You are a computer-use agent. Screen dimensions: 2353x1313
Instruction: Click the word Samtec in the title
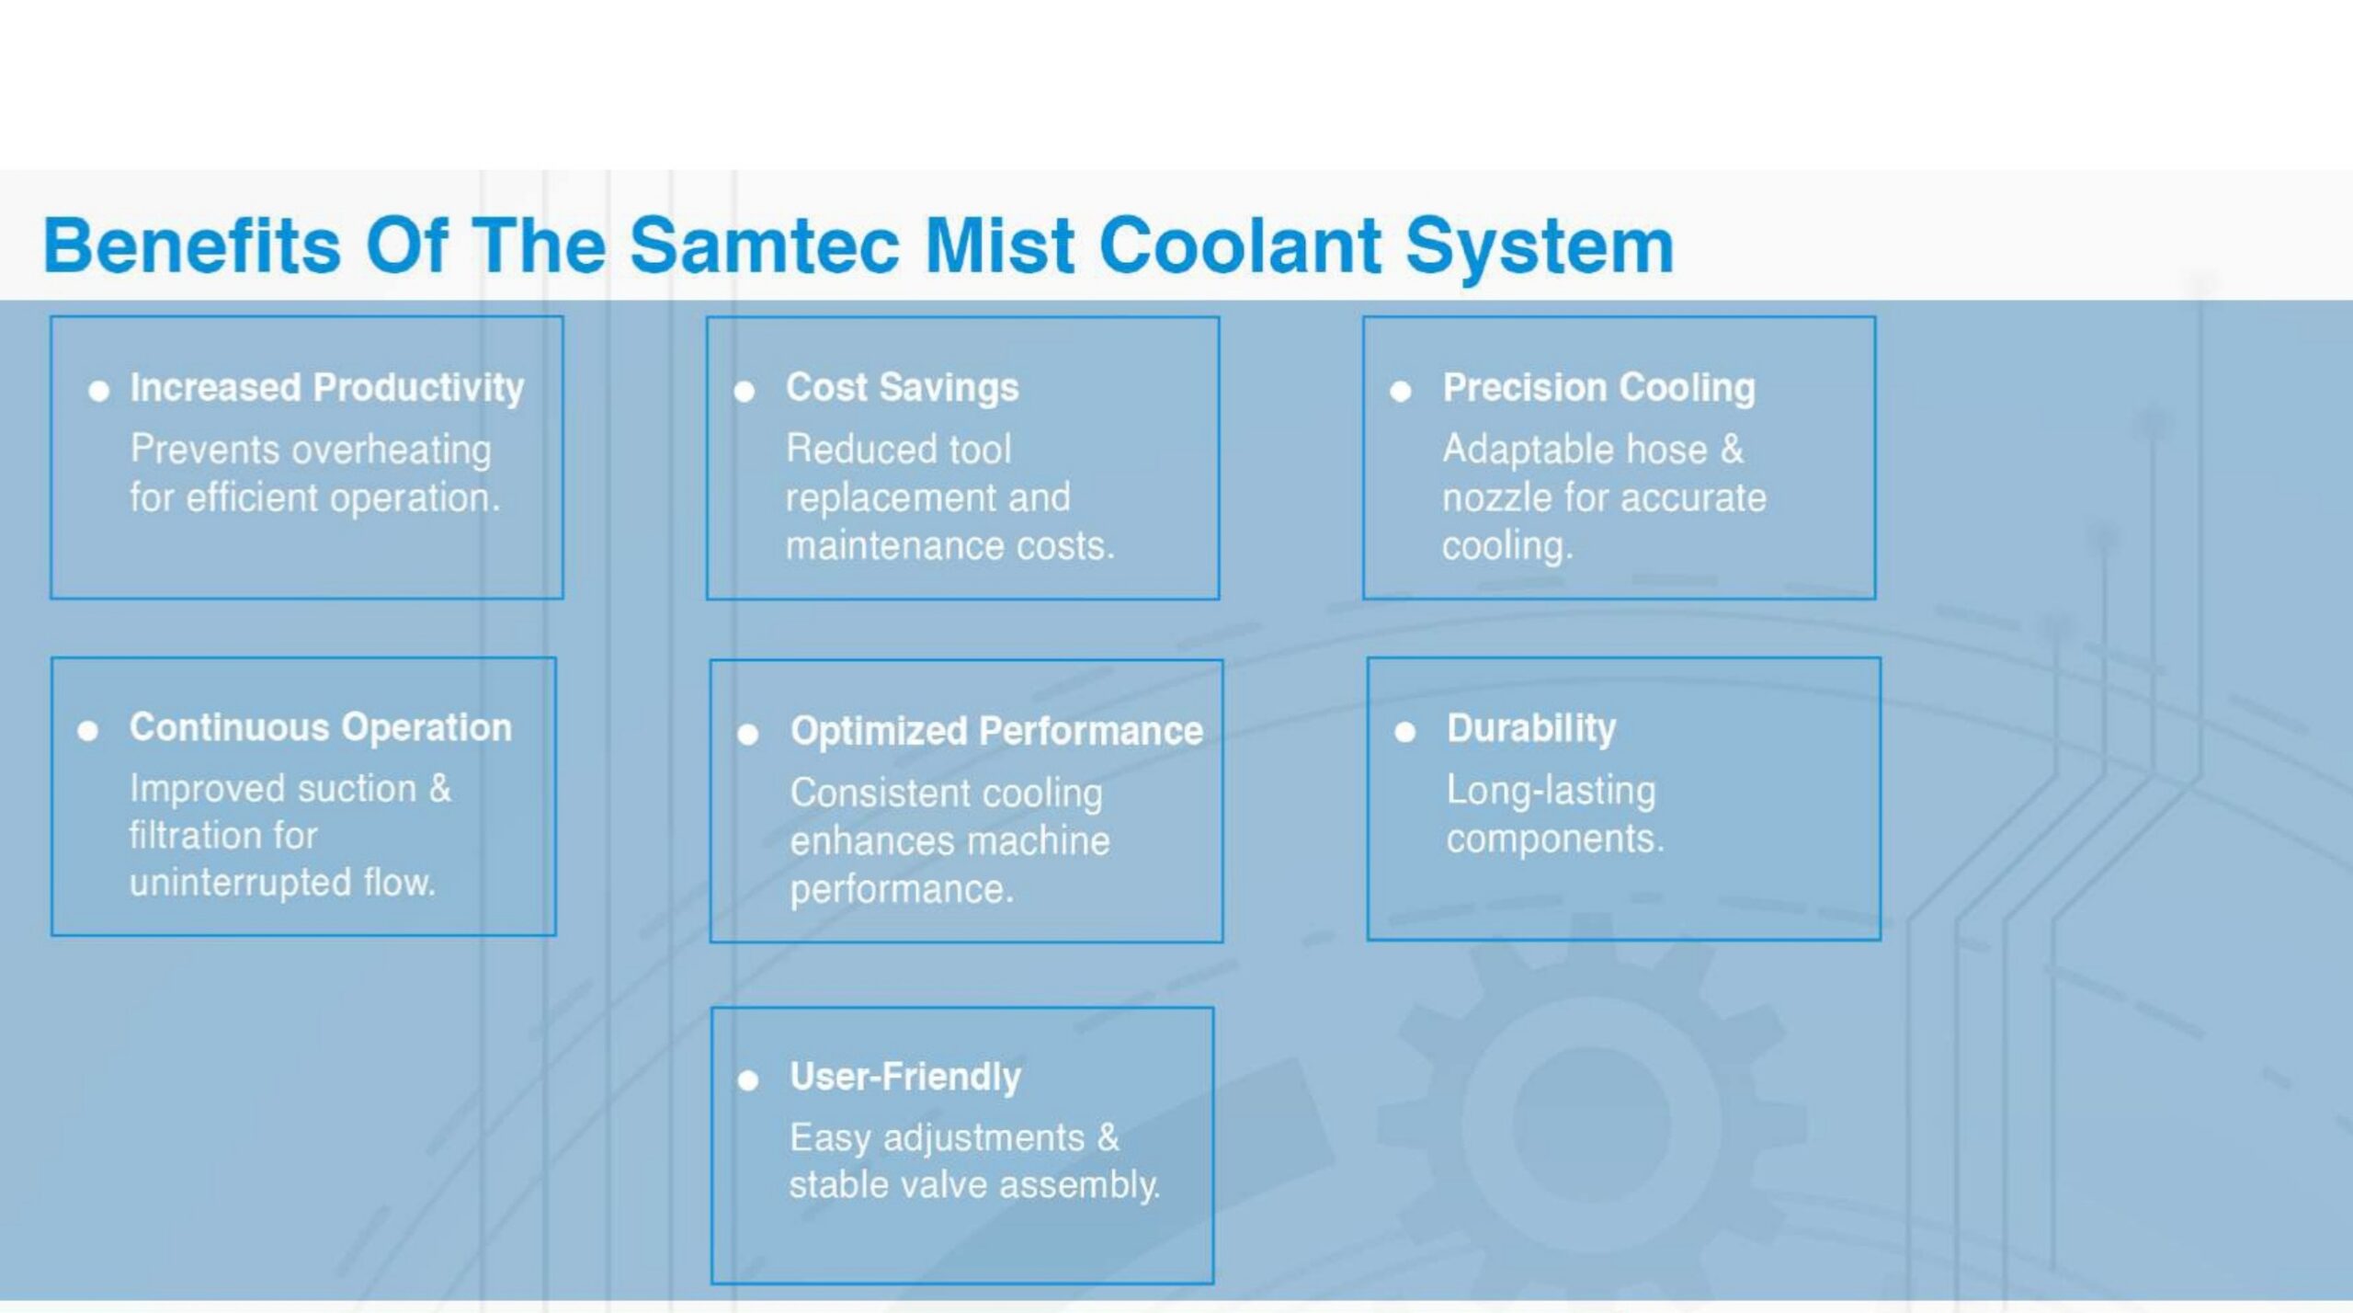coord(765,245)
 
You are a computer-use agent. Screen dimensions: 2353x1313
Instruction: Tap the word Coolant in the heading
coord(1240,245)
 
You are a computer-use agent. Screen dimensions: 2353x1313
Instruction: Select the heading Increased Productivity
coord(327,388)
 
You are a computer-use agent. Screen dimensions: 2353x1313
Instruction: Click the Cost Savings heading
coord(903,388)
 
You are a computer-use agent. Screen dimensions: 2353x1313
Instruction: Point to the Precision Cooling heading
coord(1598,388)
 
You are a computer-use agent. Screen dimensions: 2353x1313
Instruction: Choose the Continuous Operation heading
coord(321,727)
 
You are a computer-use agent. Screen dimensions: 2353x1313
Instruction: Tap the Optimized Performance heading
coord(996,731)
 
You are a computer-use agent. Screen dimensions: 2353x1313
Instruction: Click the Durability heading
coord(1531,728)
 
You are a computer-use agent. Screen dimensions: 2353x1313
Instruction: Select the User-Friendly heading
coord(905,1077)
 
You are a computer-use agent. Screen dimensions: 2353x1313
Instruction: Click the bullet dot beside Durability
coord(1404,732)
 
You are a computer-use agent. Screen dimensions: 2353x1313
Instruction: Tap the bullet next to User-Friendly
coord(748,1080)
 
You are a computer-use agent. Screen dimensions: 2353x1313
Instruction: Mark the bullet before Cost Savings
coord(745,393)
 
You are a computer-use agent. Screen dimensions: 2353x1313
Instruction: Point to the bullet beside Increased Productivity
coord(98,393)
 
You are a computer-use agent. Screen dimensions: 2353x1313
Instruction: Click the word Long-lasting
coord(1552,791)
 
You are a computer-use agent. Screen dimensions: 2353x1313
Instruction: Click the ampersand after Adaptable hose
coord(1732,450)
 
